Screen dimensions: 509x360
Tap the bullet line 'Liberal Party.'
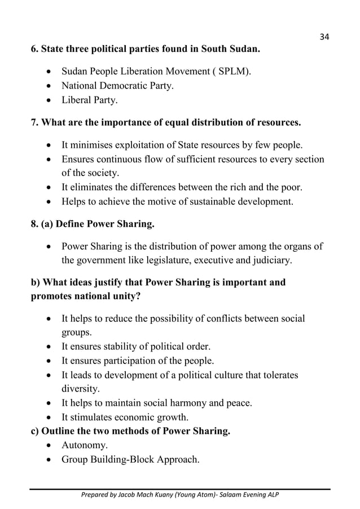[90, 102]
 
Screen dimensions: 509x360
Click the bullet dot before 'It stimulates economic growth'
[51, 418]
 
